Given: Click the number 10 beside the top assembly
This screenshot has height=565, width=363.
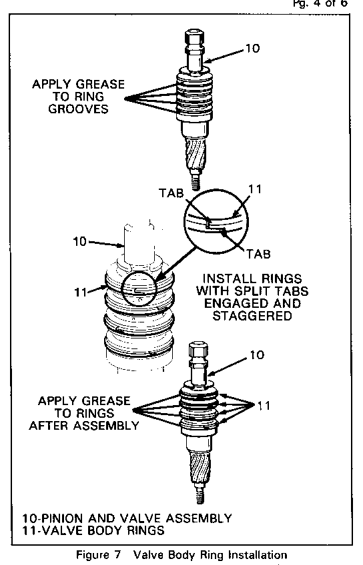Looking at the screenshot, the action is (x=252, y=48).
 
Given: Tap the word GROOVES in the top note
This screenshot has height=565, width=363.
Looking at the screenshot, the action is (x=78, y=109).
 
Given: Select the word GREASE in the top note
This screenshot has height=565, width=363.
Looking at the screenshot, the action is (x=101, y=85).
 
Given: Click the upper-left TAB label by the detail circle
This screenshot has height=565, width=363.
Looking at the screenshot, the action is (x=171, y=193).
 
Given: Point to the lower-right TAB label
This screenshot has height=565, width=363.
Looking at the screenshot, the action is (x=258, y=254).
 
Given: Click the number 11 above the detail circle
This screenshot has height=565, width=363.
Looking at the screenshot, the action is (x=255, y=189).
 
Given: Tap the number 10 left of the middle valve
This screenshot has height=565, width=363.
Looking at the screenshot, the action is (x=80, y=241).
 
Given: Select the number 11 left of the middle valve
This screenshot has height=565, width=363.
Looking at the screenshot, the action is (x=81, y=292).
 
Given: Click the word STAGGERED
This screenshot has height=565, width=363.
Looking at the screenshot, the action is (x=252, y=316).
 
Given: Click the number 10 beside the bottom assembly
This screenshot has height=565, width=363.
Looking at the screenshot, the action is (x=257, y=355).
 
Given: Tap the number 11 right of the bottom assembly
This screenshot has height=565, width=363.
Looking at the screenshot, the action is (x=264, y=405).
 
